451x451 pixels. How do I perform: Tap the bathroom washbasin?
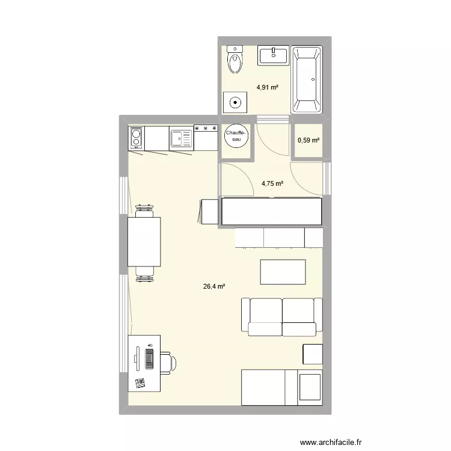(274, 55)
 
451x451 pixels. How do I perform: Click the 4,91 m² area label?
(268, 87)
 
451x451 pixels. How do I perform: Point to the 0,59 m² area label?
(308, 141)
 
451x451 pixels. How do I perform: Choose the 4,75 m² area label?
(272, 184)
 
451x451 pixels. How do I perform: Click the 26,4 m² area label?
(214, 287)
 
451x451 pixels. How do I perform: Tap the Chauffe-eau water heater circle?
(235, 137)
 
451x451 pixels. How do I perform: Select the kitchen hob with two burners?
(136, 139)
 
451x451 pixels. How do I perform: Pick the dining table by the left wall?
(144, 241)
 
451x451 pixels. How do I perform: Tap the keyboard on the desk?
(149, 360)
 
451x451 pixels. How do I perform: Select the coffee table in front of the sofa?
(283, 271)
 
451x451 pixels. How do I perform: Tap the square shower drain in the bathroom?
(234, 102)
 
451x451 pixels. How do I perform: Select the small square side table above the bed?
(313, 353)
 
